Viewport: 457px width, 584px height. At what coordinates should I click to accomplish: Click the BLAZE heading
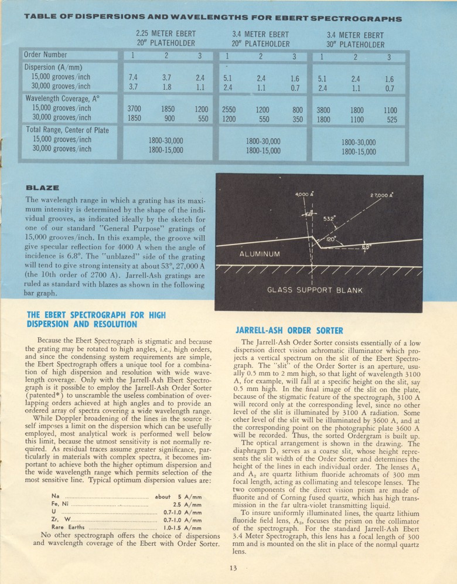tap(43, 188)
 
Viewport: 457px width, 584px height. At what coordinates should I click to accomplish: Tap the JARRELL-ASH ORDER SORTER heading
tap(289, 330)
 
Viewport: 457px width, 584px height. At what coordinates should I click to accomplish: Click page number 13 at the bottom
tap(234, 566)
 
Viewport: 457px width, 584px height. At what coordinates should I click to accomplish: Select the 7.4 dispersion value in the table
tap(132, 77)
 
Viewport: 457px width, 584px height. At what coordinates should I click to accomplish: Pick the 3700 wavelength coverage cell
tap(134, 109)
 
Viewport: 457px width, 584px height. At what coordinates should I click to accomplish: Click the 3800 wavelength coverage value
tap(323, 110)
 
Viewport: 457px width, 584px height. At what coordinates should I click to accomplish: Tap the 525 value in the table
tap(391, 120)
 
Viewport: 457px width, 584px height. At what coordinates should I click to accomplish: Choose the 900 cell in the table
tap(169, 118)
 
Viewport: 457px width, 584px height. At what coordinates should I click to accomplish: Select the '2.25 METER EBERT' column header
tap(166, 34)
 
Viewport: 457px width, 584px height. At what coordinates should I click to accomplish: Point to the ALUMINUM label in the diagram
tap(260, 254)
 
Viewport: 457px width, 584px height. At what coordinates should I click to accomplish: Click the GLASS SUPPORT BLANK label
tap(315, 290)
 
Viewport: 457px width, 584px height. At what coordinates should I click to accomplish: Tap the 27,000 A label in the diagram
tap(381, 195)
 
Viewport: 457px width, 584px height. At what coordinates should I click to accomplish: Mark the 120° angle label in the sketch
tap(330, 240)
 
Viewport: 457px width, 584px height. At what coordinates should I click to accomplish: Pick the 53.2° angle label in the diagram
tap(330, 219)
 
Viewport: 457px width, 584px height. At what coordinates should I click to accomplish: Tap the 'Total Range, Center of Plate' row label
tap(67, 130)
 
